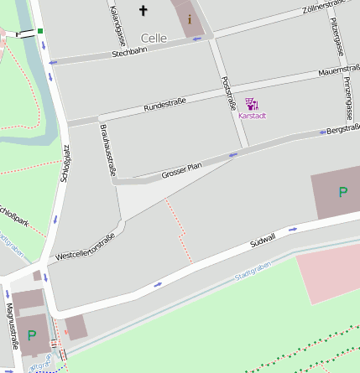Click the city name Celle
tap(154, 38)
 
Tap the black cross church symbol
tap(143, 11)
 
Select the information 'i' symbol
tap(189, 18)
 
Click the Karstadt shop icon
tap(252, 103)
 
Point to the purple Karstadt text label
tap(252, 116)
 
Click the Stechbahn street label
tap(128, 54)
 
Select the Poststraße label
tap(227, 94)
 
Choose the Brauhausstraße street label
tap(107, 150)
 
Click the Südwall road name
tap(263, 240)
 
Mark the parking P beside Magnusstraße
tap(32, 334)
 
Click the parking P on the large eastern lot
tap(342, 192)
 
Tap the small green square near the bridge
tap(40, 31)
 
